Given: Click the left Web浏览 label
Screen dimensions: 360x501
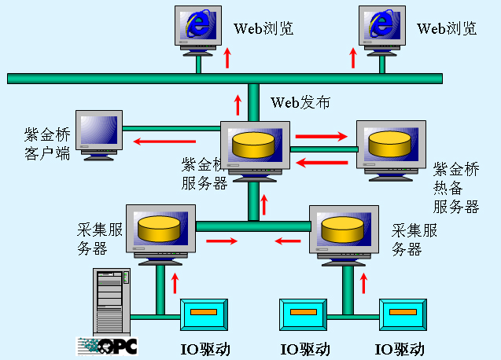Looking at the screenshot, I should click(263, 29).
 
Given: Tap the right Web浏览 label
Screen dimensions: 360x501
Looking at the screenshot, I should click(447, 29).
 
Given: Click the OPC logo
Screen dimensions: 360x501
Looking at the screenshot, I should click(107, 344).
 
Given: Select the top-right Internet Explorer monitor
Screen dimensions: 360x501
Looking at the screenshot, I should click(382, 28).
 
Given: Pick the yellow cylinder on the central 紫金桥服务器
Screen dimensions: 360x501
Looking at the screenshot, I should click(253, 145).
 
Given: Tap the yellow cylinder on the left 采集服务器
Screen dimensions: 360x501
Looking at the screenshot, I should click(160, 228).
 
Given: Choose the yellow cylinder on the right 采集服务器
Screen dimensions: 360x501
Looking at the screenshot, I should click(343, 228).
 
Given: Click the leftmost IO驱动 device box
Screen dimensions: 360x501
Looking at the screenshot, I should click(204, 314).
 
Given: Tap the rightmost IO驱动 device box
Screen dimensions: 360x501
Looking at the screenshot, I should click(400, 314).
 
